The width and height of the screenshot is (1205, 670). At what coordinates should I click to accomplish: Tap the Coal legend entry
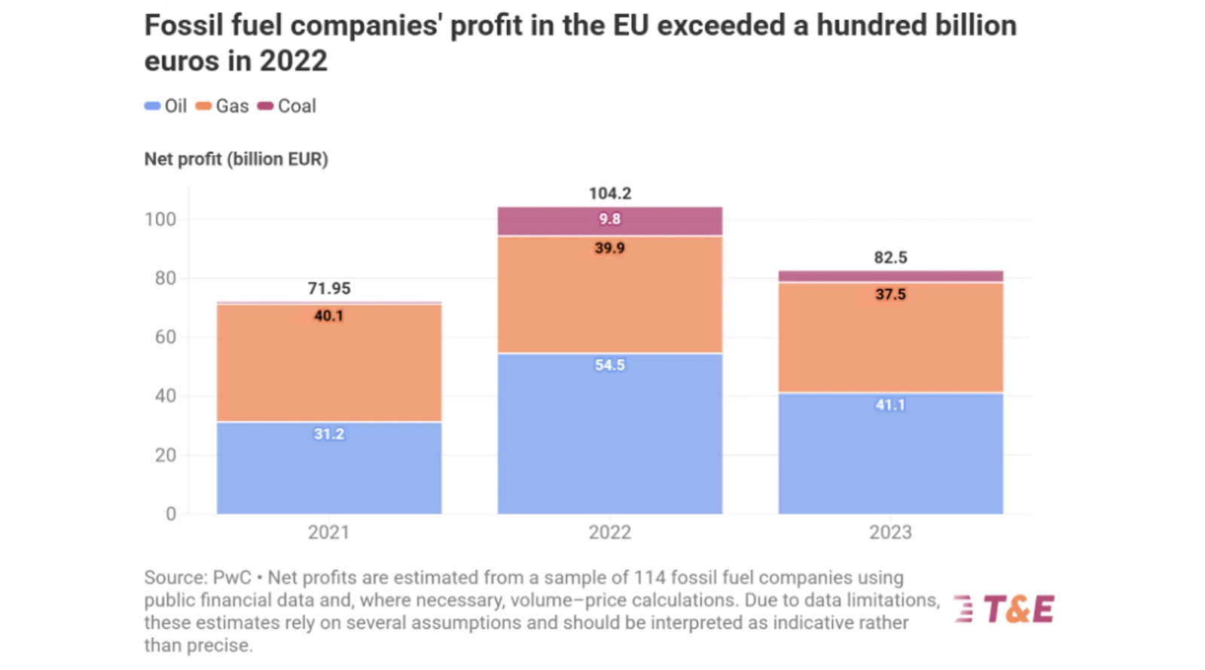coord(287,106)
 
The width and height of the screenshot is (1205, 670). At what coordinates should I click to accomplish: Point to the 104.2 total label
coord(610,193)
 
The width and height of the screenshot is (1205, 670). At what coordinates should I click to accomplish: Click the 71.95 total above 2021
coord(329,288)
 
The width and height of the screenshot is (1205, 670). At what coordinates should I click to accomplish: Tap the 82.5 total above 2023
coord(890,257)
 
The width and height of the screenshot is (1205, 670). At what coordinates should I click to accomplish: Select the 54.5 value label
coord(610,365)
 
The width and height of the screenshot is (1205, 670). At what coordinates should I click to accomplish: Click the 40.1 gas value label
coord(329,316)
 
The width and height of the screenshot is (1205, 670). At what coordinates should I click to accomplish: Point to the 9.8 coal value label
coord(610,219)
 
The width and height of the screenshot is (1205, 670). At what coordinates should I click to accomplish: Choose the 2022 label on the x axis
coord(610,532)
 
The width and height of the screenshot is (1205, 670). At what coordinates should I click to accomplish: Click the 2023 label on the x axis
coord(890,532)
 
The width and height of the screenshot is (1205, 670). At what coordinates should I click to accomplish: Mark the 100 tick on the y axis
coord(160,219)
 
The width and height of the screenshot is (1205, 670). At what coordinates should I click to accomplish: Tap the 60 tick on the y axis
coord(166,337)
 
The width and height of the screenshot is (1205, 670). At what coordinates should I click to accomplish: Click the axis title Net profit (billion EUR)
coord(236,160)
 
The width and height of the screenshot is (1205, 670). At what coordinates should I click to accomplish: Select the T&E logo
coord(1005,609)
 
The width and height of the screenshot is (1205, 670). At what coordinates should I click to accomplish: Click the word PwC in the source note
coord(232,578)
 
